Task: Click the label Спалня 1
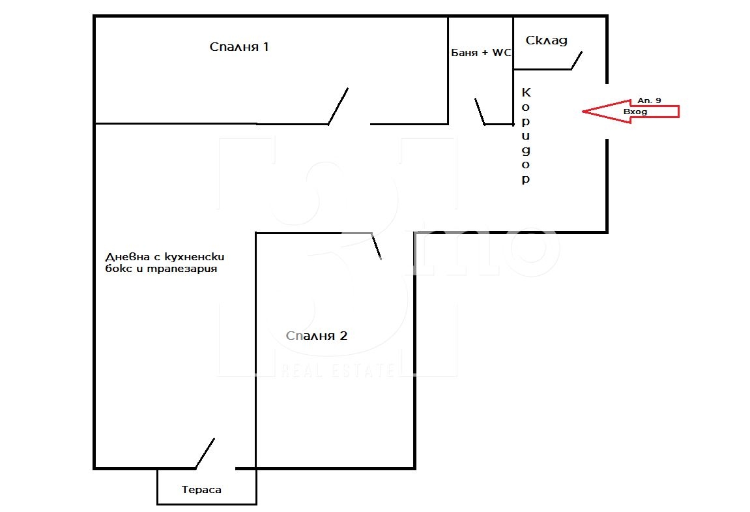click(x=239, y=47)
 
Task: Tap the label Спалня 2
click(x=317, y=336)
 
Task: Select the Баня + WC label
click(x=481, y=53)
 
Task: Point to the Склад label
click(x=546, y=40)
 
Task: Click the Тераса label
click(x=201, y=489)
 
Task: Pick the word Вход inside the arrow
click(x=635, y=112)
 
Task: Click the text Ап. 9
click(x=649, y=100)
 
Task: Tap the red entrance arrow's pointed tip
click(x=583, y=112)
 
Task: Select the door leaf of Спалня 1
click(x=338, y=106)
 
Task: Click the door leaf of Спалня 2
click(x=377, y=246)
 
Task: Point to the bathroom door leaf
click(x=480, y=111)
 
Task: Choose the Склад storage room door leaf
click(x=577, y=61)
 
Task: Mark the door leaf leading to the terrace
click(x=205, y=453)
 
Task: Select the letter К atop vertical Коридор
click(x=526, y=93)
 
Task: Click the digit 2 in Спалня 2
click(x=343, y=336)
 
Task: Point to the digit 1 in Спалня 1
click(x=266, y=47)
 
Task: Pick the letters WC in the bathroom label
click(x=502, y=53)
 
